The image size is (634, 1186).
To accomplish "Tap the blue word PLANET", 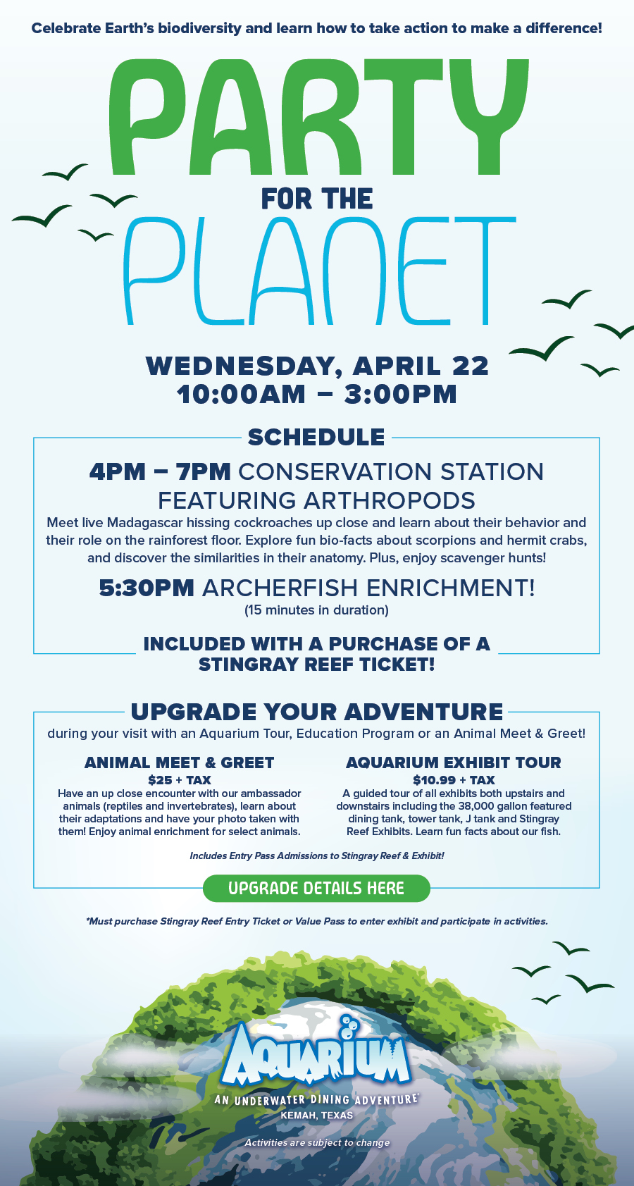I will [x=318, y=271].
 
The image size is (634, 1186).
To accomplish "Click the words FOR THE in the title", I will [x=317, y=199].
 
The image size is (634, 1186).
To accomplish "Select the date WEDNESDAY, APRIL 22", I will [x=317, y=366].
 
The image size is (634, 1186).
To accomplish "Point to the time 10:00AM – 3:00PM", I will [x=317, y=394].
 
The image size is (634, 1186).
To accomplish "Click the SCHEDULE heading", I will [x=316, y=437].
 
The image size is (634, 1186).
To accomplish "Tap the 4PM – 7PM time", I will [x=160, y=471].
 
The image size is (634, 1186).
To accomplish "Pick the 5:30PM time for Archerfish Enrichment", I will [x=147, y=588].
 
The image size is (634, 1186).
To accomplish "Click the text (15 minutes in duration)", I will [x=316, y=610].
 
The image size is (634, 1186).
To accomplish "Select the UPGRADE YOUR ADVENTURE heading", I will [x=317, y=712].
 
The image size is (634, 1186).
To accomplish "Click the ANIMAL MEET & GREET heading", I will [x=179, y=762].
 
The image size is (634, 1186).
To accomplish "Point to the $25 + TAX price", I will [x=179, y=780].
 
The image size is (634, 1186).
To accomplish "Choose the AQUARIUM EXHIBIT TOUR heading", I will [x=454, y=762].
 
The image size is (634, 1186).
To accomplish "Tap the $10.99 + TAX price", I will [x=454, y=780].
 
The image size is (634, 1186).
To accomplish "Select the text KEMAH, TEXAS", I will [x=316, y=1116].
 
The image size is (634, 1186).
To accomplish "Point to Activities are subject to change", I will [x=317, y=1142].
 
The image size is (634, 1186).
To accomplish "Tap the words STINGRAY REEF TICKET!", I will [x=316, y=665].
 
